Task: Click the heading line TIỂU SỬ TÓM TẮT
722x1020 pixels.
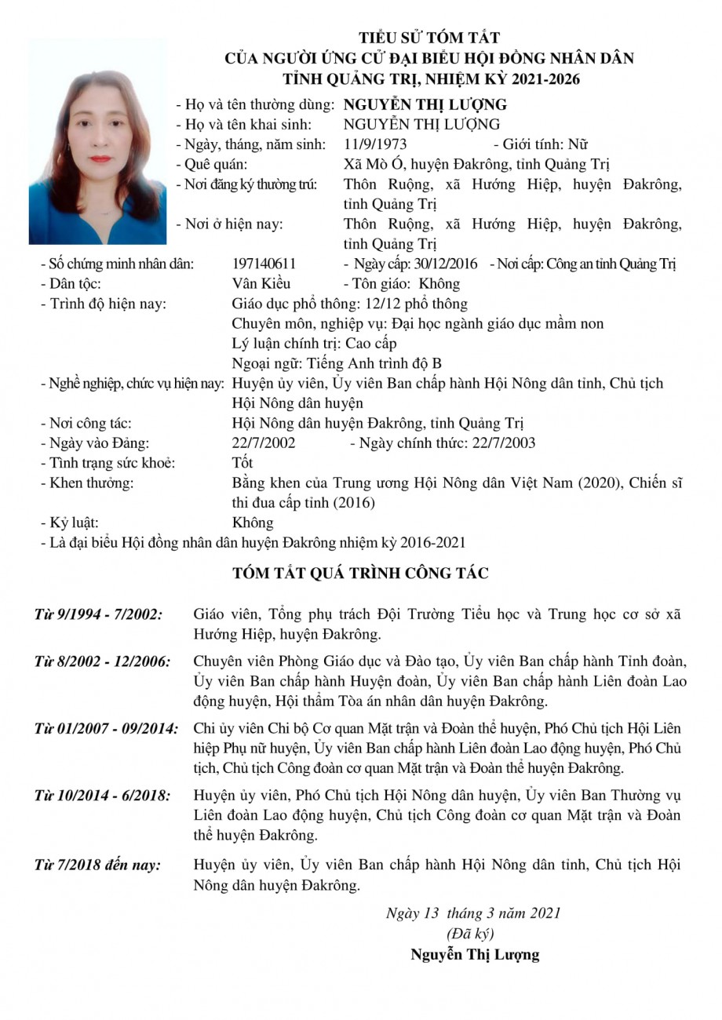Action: (429, 38)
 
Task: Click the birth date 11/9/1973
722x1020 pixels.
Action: (375, 144)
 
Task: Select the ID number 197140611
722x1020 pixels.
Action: (264, 264)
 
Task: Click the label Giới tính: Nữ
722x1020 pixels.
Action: (541, 144)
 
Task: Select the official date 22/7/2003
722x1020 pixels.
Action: (504, 443)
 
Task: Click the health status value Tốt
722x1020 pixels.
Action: (242, 463)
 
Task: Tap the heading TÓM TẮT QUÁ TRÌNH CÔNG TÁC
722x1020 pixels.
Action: (360, 574)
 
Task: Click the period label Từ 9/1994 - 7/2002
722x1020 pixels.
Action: (98, 614)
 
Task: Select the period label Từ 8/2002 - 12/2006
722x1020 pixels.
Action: (102, 661)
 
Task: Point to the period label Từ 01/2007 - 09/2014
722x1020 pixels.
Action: (106, 728)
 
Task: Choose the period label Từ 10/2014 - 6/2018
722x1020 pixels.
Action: (102, 796)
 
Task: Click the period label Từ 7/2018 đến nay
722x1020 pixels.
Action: (97, 865)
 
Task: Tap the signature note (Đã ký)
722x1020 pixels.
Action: (469, 934)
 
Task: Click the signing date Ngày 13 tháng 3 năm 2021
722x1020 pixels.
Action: (473, 913)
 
